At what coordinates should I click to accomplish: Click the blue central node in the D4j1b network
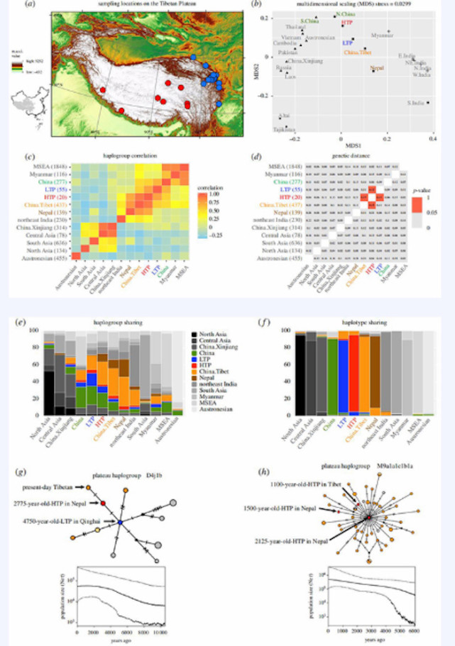click(x=121, y=522)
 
